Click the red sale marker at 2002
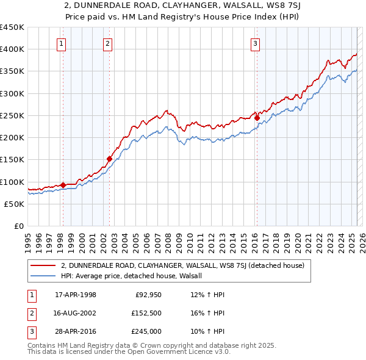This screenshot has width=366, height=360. pos(109,159)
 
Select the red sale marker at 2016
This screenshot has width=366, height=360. pos(257,118)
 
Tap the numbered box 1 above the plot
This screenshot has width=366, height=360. pos(62,43)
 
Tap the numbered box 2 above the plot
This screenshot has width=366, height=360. pos(107,43)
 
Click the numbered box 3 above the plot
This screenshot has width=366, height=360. pos(255,43)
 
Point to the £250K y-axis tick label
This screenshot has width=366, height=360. pos(12,115)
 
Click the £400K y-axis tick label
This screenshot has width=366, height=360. pos(12,49)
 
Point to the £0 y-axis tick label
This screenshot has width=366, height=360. pos(19,226)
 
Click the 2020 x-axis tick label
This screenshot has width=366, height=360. pos(298,238)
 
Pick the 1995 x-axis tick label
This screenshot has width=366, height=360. pos(27,238)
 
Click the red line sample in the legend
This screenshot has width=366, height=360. pos(43,265)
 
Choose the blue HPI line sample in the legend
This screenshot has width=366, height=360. pos(43,276)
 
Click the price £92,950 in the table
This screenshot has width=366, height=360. pos(146,295)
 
